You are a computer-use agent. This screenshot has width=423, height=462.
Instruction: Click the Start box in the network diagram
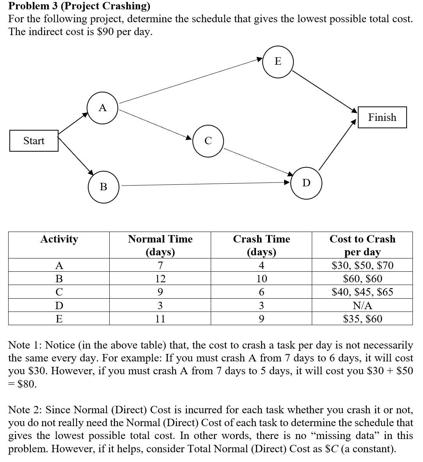[34, 141]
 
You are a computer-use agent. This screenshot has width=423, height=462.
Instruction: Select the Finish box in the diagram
[382, 117]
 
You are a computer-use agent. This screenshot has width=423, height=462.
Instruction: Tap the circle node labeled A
[103, 108]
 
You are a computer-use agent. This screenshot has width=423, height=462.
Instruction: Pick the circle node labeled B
[103, 187]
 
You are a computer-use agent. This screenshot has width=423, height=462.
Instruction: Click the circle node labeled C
[208, 141]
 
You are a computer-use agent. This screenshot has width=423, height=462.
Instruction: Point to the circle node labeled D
[306, 183]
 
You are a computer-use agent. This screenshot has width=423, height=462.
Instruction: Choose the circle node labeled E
[277, 61]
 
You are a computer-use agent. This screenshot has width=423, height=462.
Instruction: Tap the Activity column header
[59, 239]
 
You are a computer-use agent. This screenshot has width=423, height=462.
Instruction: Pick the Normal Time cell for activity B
[160, 279]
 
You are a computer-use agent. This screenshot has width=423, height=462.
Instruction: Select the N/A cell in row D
[362, 305]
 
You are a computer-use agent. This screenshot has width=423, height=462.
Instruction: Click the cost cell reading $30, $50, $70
[362, 266]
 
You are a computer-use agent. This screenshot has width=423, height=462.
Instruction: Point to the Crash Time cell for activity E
[261, 319]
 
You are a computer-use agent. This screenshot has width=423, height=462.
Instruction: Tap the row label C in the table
[59, 292]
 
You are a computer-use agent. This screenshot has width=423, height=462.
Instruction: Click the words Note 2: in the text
[25, 409]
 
